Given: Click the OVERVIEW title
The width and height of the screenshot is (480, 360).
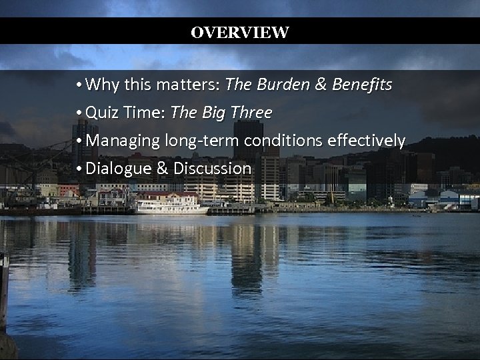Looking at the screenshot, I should pos(239,33).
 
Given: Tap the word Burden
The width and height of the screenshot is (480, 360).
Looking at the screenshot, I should pos(281,85).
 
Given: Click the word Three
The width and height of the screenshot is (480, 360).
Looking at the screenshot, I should pos(251,113).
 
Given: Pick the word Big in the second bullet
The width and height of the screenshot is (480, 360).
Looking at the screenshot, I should pos(211,113).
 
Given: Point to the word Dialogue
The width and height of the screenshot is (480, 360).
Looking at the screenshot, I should pos(119,169).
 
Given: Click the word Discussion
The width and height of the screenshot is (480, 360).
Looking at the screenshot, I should pos(212,169).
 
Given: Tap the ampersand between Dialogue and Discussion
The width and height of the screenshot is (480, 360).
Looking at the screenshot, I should pos(162,169).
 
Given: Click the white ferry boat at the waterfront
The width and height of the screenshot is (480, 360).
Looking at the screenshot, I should pos(171,205).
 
